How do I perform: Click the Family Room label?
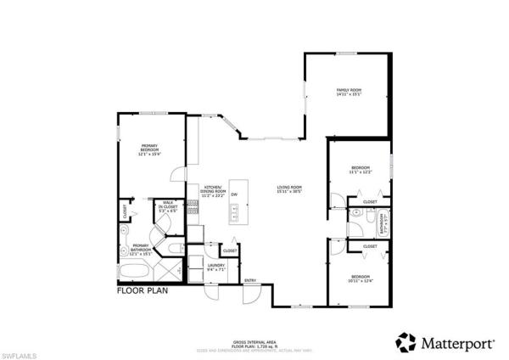click(x=349, y=92)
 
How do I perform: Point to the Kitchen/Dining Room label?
click(x=213, y=191)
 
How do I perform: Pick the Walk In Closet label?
click(x=169, y=205)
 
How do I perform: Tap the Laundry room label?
click(x=215, y=267)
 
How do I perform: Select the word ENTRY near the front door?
click(x=250, y=280)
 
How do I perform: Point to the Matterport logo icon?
click(x=406, y=342)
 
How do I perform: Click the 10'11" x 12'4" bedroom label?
click(x=360, y=279)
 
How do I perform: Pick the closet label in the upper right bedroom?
click(x=370, y=202)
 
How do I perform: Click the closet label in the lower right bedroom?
click(x=370, y=246)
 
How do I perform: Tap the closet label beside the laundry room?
click(x=230, y=251)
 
